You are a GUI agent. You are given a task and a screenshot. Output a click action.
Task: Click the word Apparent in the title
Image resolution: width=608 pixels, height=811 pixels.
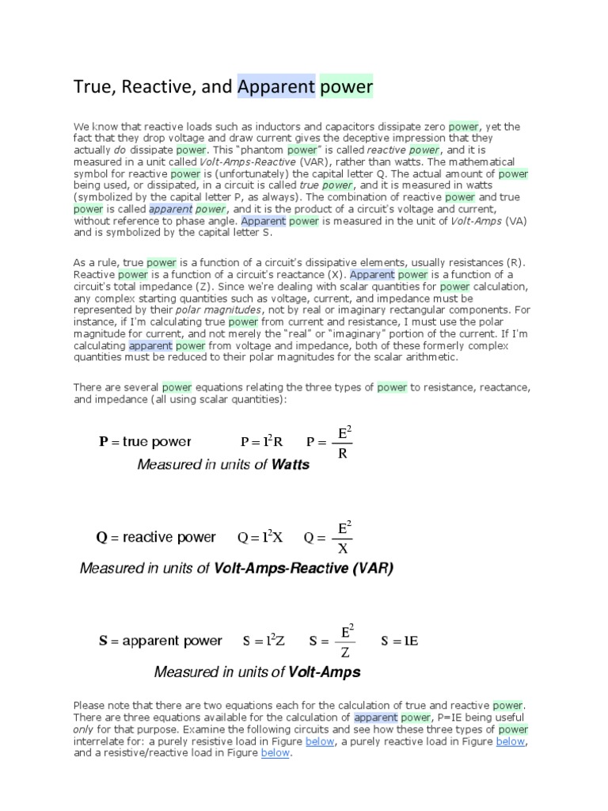click(x=275, y=86)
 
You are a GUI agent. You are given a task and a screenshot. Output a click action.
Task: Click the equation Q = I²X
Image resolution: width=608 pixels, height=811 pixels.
click(x=260, y=538)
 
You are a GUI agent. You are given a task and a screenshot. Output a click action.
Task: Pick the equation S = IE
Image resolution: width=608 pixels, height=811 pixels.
click(x=399, y=642)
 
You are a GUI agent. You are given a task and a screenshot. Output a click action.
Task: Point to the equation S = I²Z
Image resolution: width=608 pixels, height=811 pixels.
click(x=264, y=642)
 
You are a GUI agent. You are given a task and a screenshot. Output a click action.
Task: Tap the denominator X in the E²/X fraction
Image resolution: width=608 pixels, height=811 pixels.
click(x=343, y=549)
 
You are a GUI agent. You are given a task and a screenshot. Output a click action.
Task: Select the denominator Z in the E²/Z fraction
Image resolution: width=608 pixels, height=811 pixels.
click(x=344, y=653)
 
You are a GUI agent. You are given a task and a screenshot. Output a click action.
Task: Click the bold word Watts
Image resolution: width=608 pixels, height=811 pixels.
click(x=291, y=465)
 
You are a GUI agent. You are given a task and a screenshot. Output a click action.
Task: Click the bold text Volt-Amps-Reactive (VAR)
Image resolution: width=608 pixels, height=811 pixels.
click(x=303, y=569)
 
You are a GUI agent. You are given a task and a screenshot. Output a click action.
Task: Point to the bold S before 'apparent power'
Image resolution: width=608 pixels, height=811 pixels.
click(x=103, y=642)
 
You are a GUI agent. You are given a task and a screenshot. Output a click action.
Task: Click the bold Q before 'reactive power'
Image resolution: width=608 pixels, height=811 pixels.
click(x=101, y=538)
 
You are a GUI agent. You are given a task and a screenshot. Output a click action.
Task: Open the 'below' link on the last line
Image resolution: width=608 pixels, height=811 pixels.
click(x=275, y=753)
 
